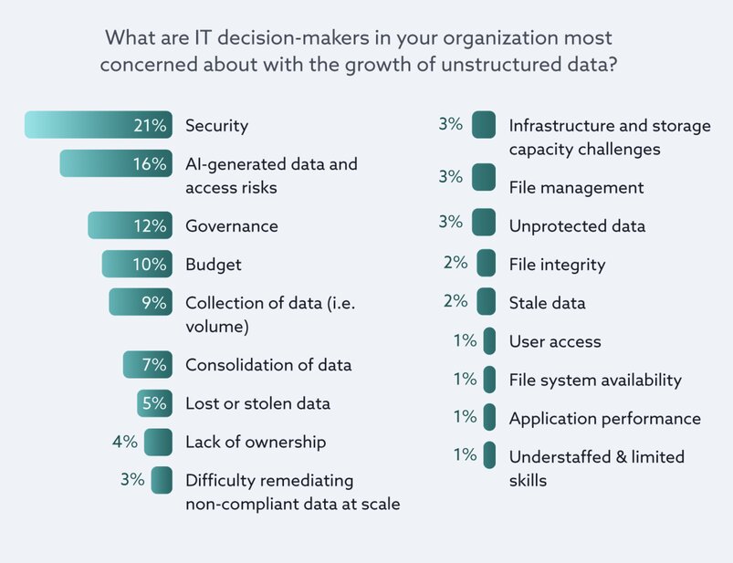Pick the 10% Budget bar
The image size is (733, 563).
pyautogui.click(x=136, y=265)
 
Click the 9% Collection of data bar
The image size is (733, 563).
pyautogui.click(x=140, y=302)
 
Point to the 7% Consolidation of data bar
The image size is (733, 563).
pyautogui.click(x=147, y=365)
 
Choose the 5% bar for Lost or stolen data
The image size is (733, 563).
pyautogui.click(x=154, y=403)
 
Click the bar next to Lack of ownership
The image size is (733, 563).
pyautogui.click(x=158, y=443)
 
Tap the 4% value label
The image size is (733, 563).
pyautogui.click(x=125, y=443)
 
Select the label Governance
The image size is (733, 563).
pyautogui.click(x=232, y=225)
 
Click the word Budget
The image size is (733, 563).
pyautogui.click(x=214, y=265)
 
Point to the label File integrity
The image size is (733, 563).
pyautogui.click(x=557, y=265)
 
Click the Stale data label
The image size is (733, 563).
pyautogui.click(x=547, y=303)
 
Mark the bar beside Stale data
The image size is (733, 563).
pyautogui.click(x=487, y=301)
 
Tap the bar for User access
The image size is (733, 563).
pyautogui.click(x=490, y=341)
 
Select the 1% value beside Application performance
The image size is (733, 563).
pyautogui.click(x=466, y=418)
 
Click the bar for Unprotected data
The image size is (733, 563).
pyautogui.click(x=484, y=224)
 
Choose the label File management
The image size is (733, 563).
pyautogui.click(x=576, y=188)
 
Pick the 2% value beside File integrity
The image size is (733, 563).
pyautogui.click(x=456, y=263)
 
